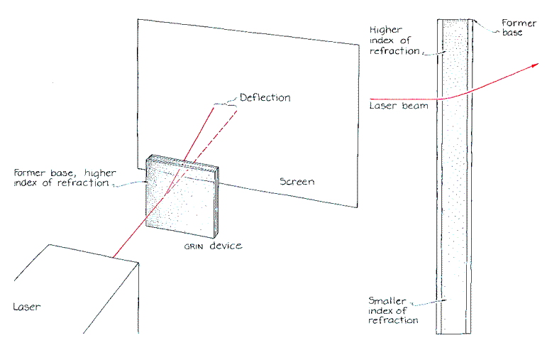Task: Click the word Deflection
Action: pyautogui.click(x=265, y=97)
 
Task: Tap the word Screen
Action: pyautogui.click(x=297, y=182)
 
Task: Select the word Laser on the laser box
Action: pyautogui.click(x=27, y=307)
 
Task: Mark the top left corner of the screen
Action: pyautogui.click(x=138, y=19)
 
